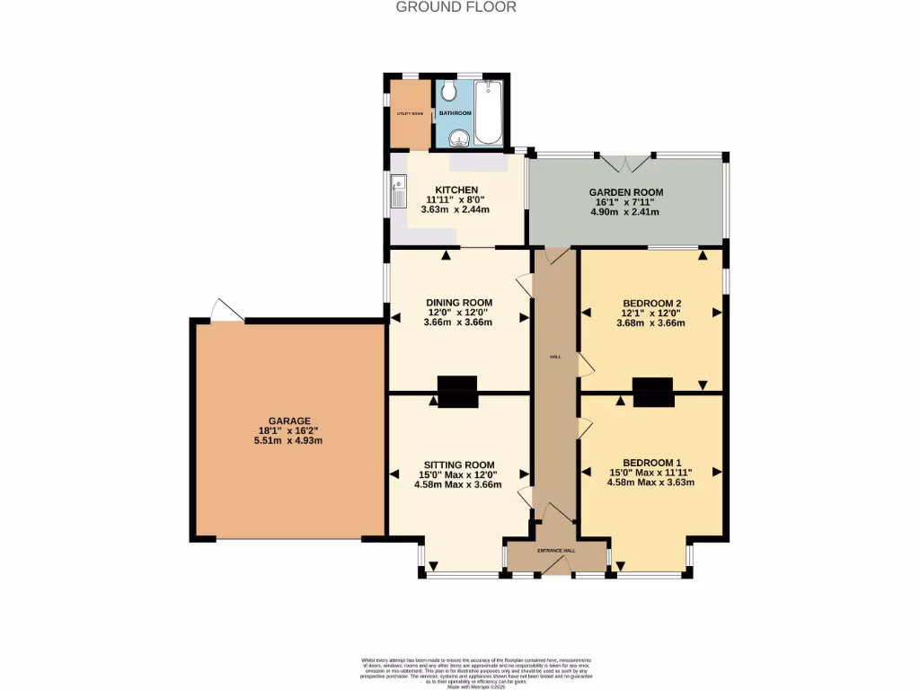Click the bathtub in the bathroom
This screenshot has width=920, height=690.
488,112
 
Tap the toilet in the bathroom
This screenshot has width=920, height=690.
448,93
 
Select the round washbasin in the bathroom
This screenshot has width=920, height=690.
459,137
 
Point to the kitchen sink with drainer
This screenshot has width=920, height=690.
398,190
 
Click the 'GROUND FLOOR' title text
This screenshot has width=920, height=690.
456,7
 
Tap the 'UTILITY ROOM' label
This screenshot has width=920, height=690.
410,113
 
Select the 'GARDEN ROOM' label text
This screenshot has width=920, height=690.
625,192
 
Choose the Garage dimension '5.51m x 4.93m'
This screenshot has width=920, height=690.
289,440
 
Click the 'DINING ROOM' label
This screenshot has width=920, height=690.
457,302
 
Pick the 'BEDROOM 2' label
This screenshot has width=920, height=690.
651,302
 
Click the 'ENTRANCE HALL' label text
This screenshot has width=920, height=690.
556,550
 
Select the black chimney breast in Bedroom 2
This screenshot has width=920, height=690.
652,391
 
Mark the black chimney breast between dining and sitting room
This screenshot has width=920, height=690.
457,391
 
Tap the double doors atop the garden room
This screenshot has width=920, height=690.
625,163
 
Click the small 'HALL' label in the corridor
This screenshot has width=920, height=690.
556,357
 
